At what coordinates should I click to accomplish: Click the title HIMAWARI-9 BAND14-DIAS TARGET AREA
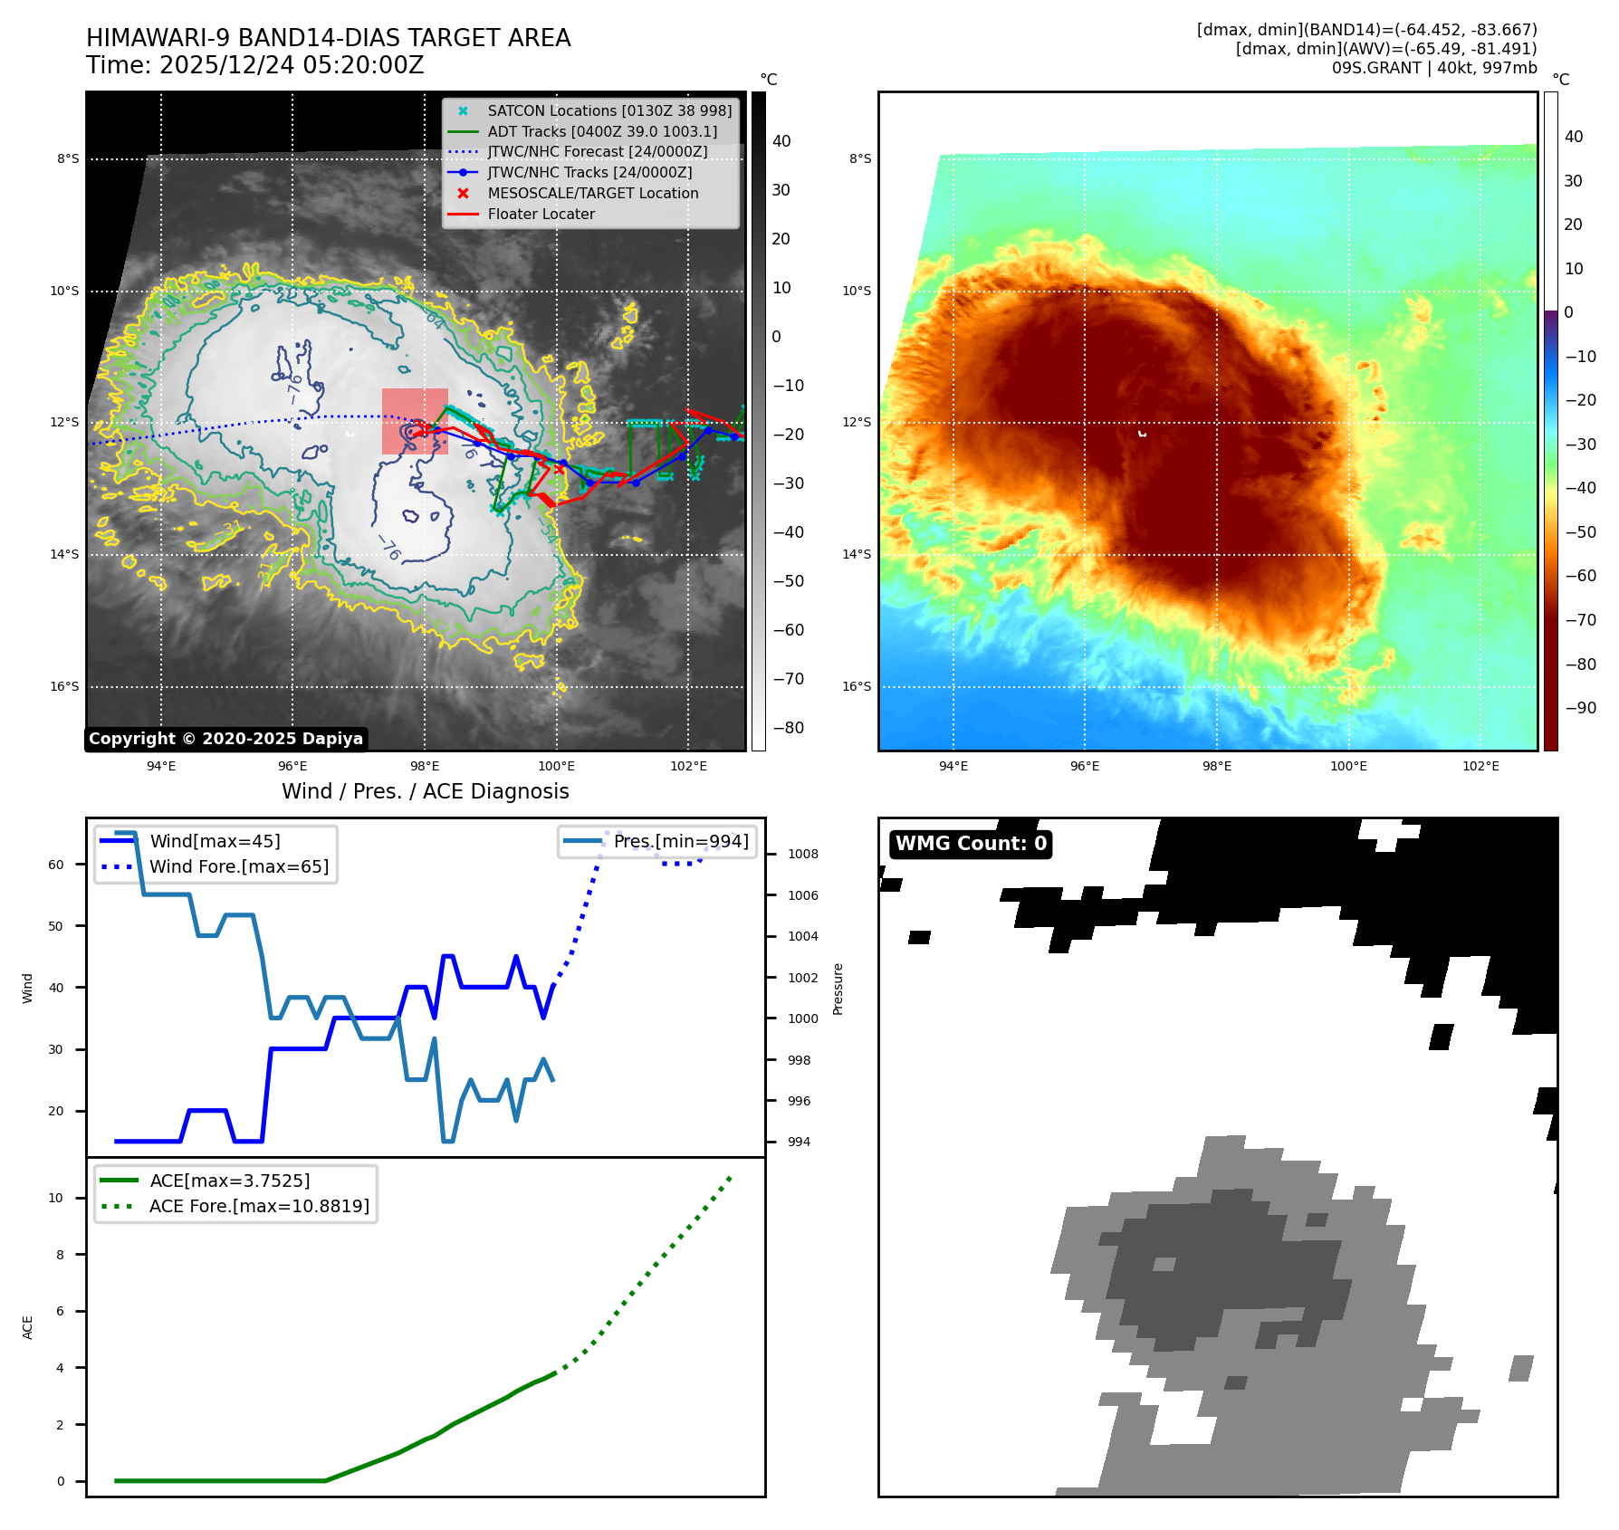pos(328,38)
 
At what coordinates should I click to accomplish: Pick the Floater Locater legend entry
pos(541,215)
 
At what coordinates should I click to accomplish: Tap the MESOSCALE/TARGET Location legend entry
pos(592,194)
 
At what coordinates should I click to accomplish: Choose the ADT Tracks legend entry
pos(601,131)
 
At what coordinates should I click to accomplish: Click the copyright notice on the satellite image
pos(225,739)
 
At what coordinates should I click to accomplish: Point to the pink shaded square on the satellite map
pos(415,421)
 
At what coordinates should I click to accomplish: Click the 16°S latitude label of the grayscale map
pos(64,687)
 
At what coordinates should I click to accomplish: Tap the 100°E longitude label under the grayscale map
pos(556,767)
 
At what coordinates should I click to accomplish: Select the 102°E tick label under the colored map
pos(1480,767)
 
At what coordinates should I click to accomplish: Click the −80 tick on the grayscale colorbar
pos(788,728)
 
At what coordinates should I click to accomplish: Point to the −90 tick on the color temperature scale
pos(1581,708)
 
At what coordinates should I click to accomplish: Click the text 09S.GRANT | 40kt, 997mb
pos(1433,68)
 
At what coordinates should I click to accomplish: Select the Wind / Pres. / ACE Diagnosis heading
pos(425,791)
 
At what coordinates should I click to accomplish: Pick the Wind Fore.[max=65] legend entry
pos(239,866)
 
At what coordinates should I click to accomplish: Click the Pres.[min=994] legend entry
pos(680,841)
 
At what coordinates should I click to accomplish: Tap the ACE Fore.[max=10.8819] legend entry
pos(259,1206)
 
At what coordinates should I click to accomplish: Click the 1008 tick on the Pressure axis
pos(802,854)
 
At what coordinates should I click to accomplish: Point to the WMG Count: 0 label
pos(971,844)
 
